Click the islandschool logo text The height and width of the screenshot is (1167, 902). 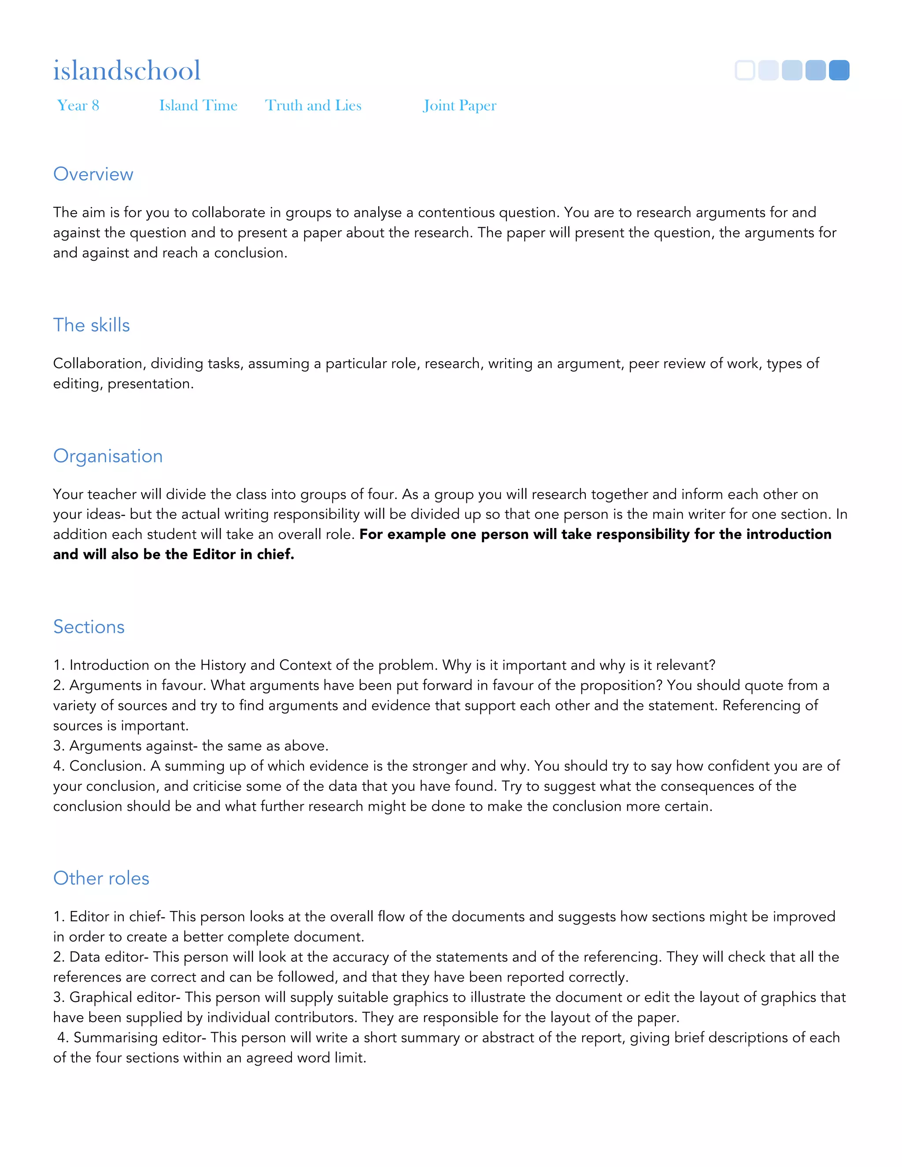(127, 70)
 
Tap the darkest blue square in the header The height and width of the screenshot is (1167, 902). (839, 70)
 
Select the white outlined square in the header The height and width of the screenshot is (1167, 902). (745, 70)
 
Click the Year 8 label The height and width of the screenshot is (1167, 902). (78, 105)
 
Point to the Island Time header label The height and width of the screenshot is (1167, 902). (198, 105)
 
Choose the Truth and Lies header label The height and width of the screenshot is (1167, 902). (313, 105)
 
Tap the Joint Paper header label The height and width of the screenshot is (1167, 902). (459, 105)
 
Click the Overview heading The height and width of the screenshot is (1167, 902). (93, 174)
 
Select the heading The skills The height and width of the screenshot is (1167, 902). (91, 325)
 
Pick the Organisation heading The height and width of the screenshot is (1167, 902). (108, 456)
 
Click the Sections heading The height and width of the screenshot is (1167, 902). (89, 627)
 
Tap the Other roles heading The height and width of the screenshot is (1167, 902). (101, 879)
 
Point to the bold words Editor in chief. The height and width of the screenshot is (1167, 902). (243, 554)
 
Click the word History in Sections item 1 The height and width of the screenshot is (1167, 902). (223, 665)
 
